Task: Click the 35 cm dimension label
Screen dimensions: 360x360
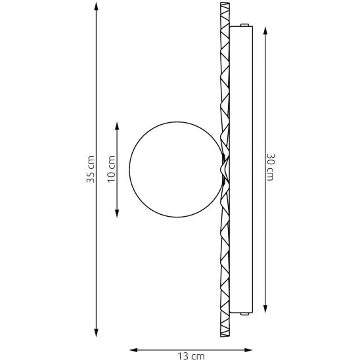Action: pos(91,169)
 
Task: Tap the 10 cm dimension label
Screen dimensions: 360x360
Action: pos(112,169)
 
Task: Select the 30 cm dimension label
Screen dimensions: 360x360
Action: pos(271,167)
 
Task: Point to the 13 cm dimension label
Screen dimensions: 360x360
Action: pos(191,356)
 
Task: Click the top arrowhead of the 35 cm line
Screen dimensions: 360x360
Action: pos(96,6)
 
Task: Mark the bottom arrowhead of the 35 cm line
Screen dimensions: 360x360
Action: pos(96,332)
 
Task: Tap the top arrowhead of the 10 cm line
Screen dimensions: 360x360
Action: pos(117,126)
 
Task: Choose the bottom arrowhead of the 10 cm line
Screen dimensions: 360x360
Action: pos(117,213)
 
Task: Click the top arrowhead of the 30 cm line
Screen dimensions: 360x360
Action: pos(265,31)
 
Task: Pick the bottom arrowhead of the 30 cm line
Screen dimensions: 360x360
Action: pos(265,309)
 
